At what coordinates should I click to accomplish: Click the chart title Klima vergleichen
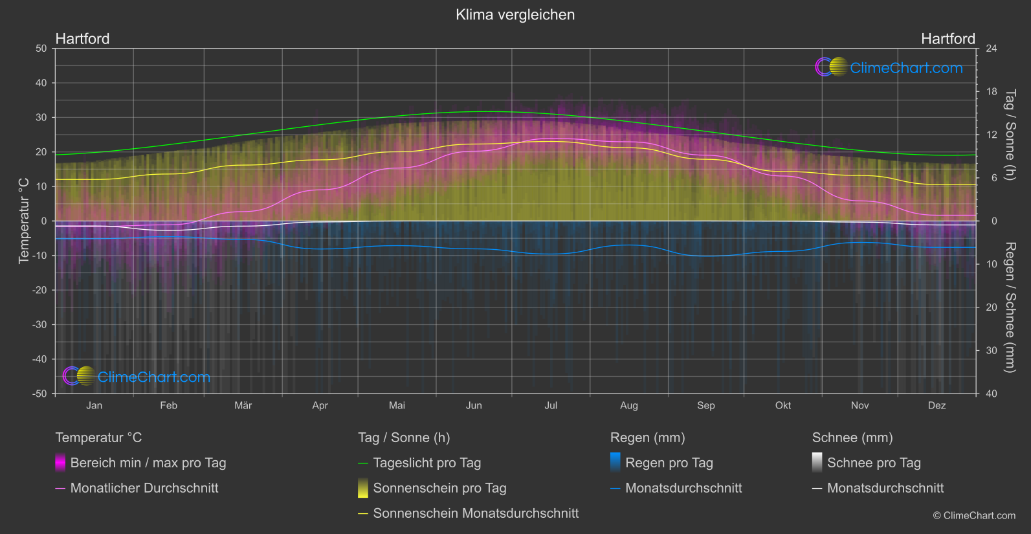point(515,15)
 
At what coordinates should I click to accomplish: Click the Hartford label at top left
point(82,39)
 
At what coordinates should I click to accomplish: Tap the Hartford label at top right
point(948,39)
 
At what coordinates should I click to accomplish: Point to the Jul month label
point(551,406)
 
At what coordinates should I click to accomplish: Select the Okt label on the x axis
point(782,406)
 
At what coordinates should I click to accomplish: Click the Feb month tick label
point(168,406)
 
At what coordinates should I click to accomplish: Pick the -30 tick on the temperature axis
point(40,325)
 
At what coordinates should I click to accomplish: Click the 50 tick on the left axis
point(41,49)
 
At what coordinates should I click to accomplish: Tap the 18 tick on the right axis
point(992,92)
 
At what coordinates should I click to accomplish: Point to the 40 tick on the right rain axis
point(992,394)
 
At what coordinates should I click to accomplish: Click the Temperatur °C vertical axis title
point(24,221)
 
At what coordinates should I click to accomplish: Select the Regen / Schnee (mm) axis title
point(1010,307)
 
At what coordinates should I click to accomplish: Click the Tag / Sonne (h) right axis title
point(1010,135)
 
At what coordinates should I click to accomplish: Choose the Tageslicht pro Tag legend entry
point(427,463)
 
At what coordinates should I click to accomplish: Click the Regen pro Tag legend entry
point(669,463)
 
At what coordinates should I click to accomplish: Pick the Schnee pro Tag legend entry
point(873,463)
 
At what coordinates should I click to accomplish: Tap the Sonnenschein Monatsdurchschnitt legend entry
point(475,513)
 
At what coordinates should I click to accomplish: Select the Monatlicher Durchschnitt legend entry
point(144,488)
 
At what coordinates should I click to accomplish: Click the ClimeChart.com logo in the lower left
point(137,377)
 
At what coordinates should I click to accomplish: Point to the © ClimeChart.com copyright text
point(974,516)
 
